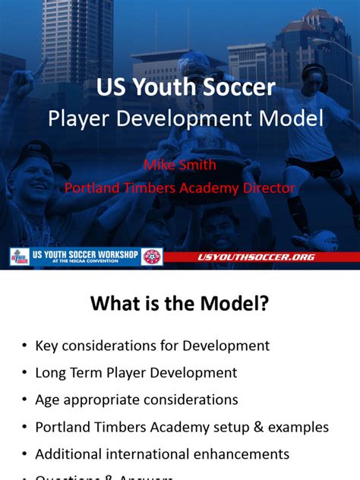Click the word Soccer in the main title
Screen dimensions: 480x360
[235, 88]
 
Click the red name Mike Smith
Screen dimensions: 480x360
[180, 165]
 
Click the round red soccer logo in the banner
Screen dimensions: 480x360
[152, 257]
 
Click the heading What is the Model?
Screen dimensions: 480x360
[180, 305]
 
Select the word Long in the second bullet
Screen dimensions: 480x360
[51, 373]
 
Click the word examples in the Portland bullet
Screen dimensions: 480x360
[295, 427]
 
